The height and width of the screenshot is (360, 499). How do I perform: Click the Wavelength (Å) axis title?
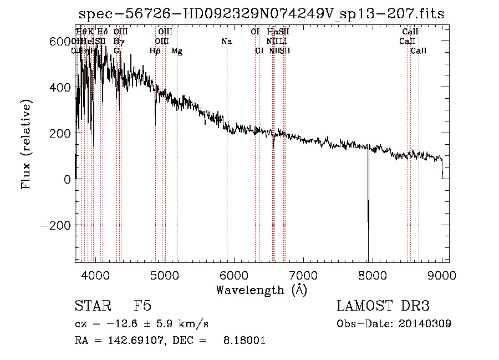(262, 290)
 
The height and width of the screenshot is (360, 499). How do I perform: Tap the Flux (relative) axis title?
(27, 144)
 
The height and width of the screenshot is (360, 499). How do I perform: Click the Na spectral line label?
(226, 41)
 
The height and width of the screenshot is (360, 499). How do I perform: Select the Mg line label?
(177, 50)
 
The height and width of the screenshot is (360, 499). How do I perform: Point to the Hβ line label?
(155, 50)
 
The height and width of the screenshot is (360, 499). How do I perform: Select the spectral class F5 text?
(142, 306)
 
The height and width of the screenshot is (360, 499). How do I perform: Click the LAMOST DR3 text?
(383, 306)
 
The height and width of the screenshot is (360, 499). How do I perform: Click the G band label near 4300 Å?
(117, 50)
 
